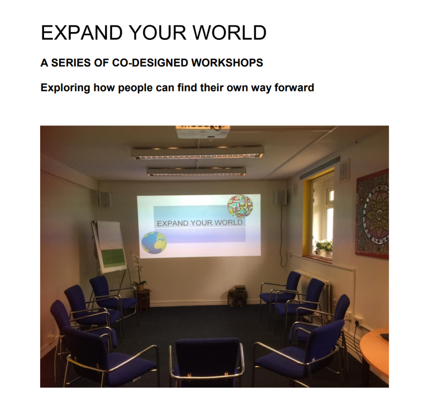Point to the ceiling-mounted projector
203,132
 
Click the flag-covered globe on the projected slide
240,206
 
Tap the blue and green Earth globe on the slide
154,243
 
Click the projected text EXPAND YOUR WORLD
199,223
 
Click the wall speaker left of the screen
105,199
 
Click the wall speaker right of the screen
281,197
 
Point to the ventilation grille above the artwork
344,170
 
